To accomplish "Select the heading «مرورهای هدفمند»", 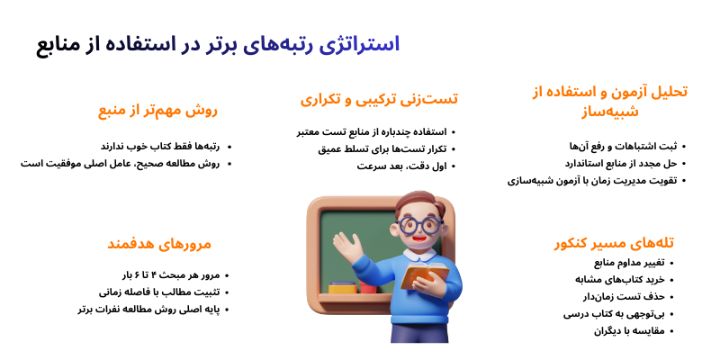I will pos(158,243).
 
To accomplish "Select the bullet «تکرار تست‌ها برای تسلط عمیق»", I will pos(381,148).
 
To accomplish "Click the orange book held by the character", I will pos(423,274).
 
